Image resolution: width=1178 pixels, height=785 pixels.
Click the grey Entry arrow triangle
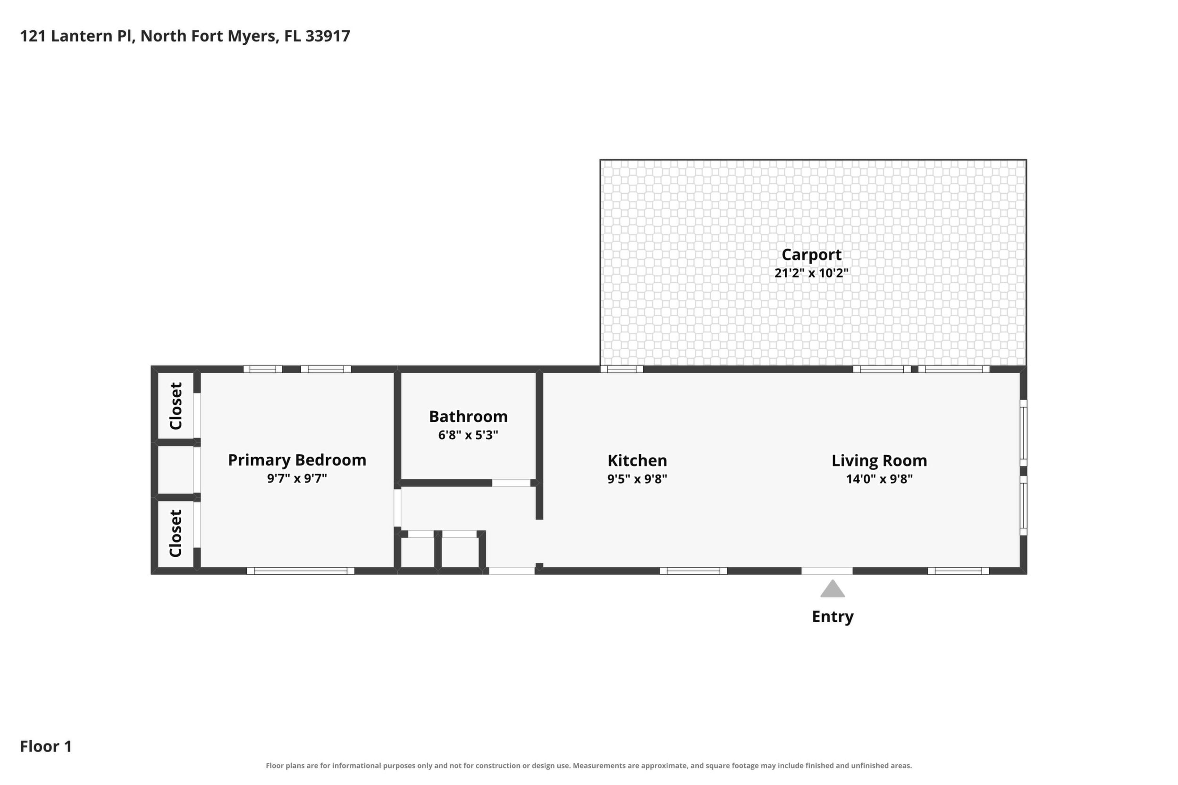[833, 589]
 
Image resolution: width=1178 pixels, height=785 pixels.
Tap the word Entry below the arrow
[833, 617]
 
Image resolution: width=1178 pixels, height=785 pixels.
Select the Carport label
[811, 255]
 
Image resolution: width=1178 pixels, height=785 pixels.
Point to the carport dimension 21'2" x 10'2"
[811, 273]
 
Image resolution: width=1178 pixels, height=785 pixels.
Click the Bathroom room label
[468, 417]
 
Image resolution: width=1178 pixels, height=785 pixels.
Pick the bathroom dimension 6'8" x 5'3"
[468, 435]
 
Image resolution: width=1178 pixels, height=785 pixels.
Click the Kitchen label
[637, 460]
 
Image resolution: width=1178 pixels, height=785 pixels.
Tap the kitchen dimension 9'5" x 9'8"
[637, 479]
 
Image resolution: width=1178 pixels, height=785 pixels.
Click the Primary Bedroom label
[297, 460]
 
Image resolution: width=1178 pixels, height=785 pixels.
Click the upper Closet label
[176, 406]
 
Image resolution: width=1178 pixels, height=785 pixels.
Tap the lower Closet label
[176, 533]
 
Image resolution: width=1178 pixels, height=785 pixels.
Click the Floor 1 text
[46, 746]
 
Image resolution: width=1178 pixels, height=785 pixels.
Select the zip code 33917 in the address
[328, 36]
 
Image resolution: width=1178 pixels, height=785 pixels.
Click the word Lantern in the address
[83, 36]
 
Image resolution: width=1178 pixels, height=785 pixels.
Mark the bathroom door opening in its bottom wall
[511, 483]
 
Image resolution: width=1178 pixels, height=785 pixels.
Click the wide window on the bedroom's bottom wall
[301, 571]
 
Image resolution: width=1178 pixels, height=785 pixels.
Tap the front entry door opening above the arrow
[827, 571]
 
